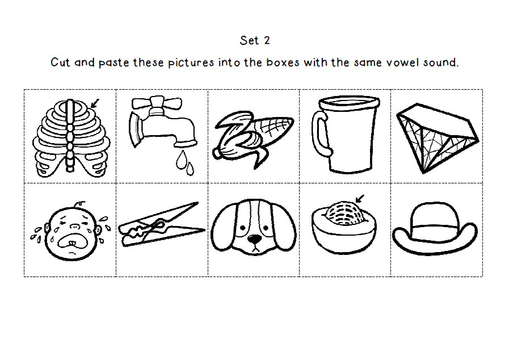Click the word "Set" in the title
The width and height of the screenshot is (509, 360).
tap(249, 40)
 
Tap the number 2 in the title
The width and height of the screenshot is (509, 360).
tap(267, 40)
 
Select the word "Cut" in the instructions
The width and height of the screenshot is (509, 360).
tap(60, 62)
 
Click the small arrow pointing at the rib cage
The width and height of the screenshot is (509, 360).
tap(95, 103)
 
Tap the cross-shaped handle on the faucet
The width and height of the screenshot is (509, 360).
tap(157, 103)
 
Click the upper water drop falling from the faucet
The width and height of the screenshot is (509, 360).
tap(181, 160)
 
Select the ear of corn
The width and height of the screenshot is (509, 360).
tap(253, 140)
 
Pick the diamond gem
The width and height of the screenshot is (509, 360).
tap(438, 138)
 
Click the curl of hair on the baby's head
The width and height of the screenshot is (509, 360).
tap(79, 204)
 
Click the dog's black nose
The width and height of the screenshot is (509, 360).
tap(254, 239)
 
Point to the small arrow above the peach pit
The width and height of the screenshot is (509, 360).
tap(360, 199)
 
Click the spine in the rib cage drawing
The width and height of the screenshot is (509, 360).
tap(70, 136)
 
